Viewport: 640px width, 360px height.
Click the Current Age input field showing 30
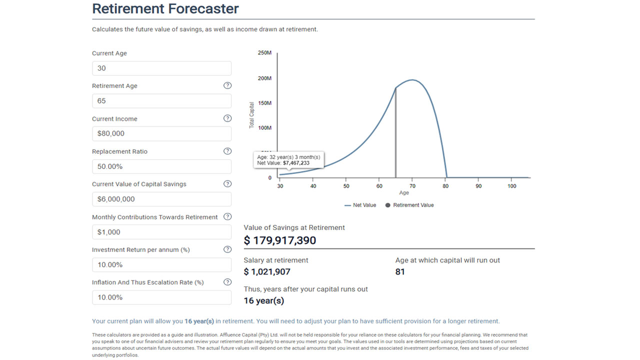pos(161,68)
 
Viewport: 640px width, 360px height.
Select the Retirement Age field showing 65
pos(161,101)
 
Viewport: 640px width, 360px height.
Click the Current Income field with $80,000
pos(161,133)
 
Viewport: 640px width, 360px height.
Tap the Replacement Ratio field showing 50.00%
pos(161,166)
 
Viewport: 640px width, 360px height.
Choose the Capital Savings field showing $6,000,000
pos(161,199)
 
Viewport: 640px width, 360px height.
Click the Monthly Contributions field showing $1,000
pos(161,232)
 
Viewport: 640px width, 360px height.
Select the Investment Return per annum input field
pos(161,264)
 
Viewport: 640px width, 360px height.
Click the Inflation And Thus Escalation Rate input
pos(161,297)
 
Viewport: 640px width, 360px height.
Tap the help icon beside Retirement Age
pos(227,85)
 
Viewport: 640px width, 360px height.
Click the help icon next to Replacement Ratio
pos(227,151)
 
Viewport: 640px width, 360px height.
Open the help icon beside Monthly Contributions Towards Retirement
pos(227,216)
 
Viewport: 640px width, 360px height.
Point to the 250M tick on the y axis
pos(264,53)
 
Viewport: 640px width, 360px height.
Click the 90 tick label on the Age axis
pos(478,186)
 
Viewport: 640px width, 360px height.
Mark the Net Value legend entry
pos(360,205)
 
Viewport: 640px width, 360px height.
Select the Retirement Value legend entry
pos(409,205)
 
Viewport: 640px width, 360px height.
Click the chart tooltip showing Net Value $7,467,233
pos(289,160)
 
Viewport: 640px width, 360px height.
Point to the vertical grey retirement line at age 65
pos(396,135)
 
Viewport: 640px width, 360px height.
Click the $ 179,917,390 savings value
pos(280,240)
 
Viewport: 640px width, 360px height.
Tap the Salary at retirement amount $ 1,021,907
pos(267,272)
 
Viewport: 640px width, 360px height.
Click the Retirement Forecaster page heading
pos(165,9)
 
